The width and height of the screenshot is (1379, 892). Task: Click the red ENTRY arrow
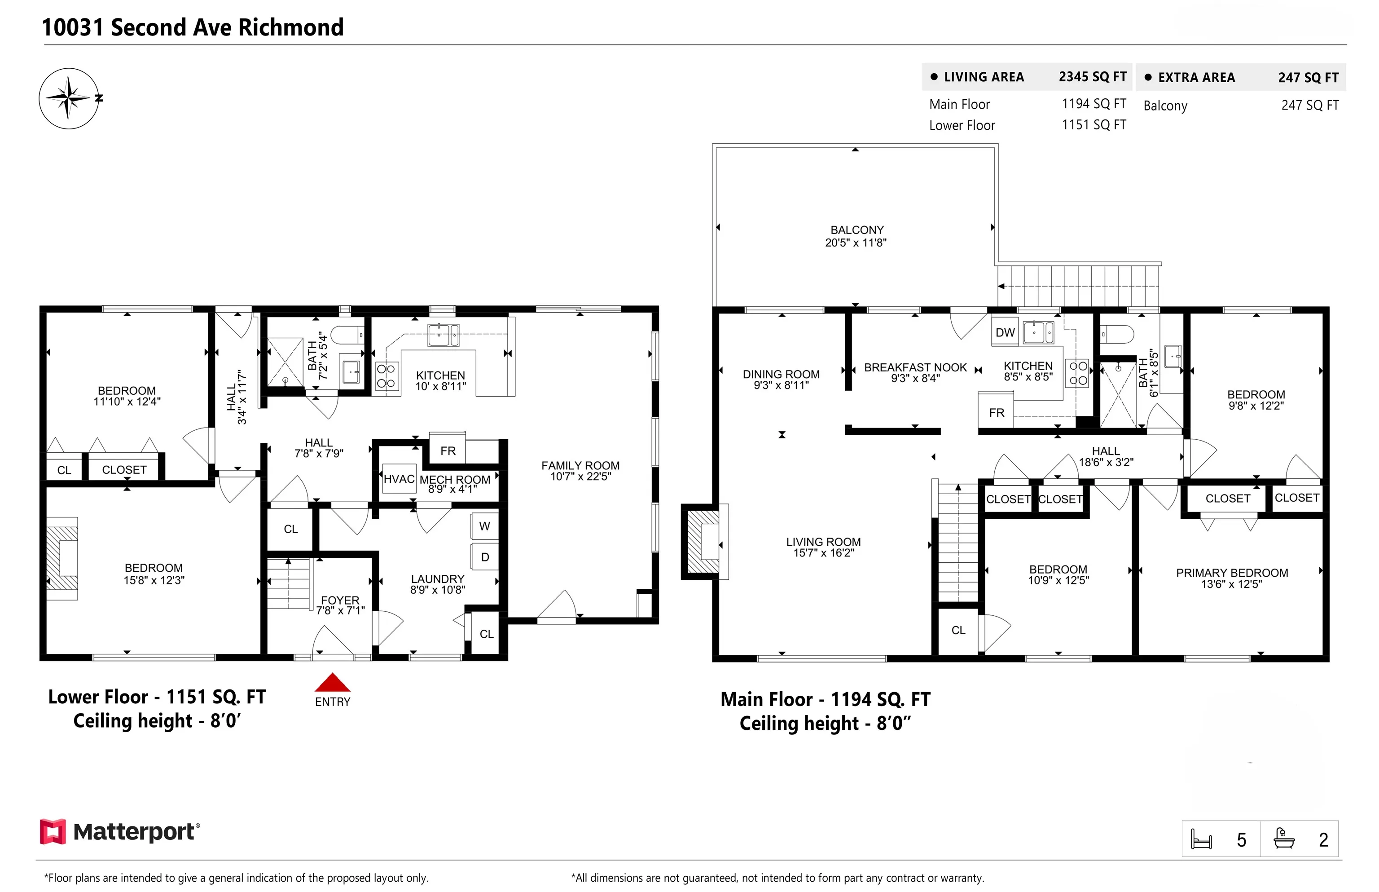coord(332,682)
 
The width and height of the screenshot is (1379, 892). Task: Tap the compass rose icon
coord(69,98)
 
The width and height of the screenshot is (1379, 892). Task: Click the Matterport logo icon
coord(53,832)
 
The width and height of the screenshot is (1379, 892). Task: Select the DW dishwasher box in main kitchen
coord(1005,332)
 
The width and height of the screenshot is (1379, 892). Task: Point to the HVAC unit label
coord(399,479)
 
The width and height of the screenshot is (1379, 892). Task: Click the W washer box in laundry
coord(484,526)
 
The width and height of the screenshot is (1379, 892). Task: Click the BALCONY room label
coord(857,230)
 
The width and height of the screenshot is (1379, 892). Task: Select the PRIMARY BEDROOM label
coord(1232,573)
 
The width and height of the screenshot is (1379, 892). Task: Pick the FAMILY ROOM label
coord(580,466)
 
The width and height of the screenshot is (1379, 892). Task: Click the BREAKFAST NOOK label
coord(915,368)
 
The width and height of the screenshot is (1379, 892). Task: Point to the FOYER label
coord(340,600)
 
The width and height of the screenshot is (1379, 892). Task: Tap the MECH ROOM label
coord(455,480)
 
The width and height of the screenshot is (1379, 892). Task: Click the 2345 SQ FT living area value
coord(1093,77)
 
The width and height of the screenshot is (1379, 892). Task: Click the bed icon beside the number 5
coord(1201,839)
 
